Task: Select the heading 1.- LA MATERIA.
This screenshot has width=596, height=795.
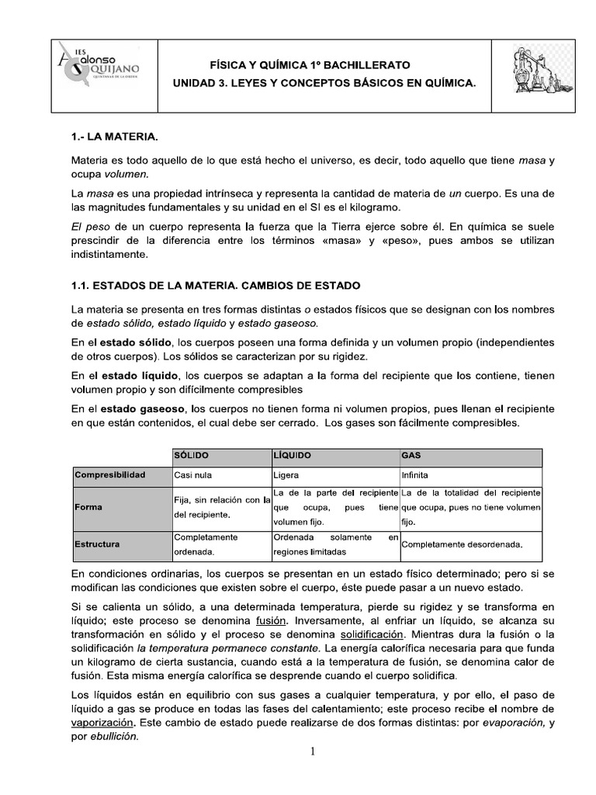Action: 114,137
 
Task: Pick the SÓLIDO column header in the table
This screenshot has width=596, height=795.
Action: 192,453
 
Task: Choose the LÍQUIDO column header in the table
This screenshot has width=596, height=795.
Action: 294,453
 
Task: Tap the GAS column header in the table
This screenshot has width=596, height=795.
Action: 411,453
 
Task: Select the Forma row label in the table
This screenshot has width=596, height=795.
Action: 89,507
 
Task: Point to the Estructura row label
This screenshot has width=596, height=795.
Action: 97,544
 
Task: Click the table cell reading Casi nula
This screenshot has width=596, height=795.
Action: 193,474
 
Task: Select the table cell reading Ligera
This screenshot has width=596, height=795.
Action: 286,474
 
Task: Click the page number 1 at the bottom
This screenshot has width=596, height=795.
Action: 313,751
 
